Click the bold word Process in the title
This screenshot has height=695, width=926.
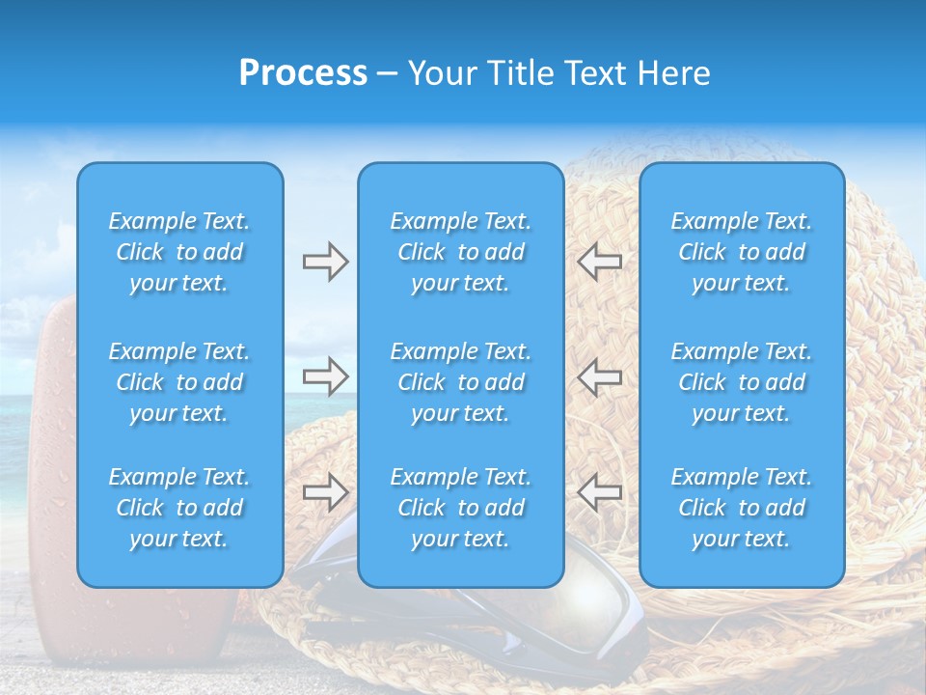[x=303, y=73]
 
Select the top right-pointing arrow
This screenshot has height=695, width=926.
[x=325, y=262]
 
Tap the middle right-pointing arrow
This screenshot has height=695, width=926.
[x=325, y=376]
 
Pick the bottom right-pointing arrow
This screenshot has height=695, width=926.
[x=325, y=492]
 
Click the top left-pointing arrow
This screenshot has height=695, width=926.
[x=599, y=262]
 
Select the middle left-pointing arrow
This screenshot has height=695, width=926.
[x=599, y=376]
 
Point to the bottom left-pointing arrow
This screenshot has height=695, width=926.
[x=599, y=492]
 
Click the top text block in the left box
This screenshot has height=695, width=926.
[x=179, y=252]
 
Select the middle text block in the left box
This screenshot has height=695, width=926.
[x=179, y=382]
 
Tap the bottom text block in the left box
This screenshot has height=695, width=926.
[x=179, y=508]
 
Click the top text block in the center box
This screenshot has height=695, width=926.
[x=460, y=252]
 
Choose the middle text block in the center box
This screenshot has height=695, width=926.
[x=460, y=382]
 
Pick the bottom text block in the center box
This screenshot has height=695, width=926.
[x=460, y=508]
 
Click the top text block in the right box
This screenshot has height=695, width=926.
[x=741, y=252]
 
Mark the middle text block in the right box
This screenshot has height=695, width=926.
[x=741, y=382]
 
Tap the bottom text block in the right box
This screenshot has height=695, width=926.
[x=741, y=508]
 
